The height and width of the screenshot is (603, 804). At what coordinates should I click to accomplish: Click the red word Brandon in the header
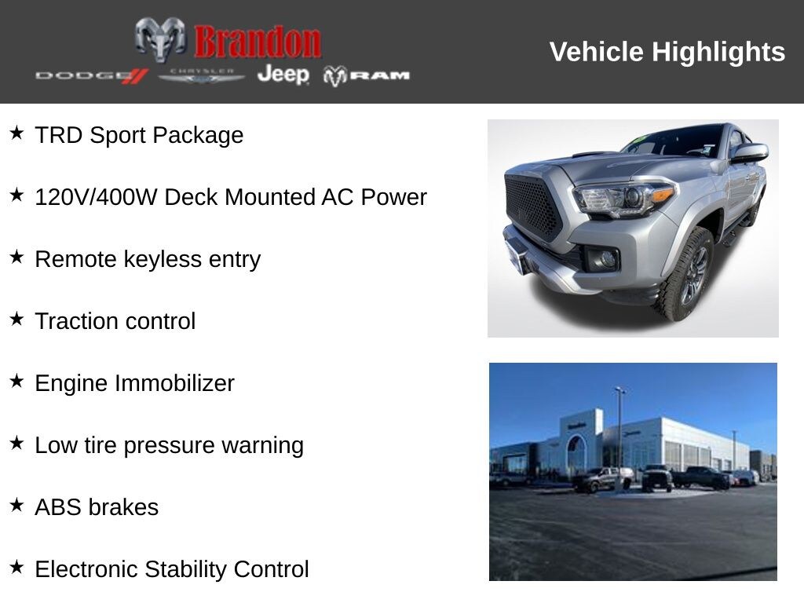coord(258,42)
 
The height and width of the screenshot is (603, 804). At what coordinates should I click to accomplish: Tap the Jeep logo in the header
coord(283,75)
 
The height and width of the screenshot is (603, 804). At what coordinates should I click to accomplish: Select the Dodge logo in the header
coord(91,75)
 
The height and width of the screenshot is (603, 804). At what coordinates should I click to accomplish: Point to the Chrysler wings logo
coord(202,75)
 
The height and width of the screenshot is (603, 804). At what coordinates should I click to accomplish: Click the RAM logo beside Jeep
coord(367,75)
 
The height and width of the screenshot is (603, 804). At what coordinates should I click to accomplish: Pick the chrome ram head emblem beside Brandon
coord(160,39)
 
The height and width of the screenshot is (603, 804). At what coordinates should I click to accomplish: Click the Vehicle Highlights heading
coord(667,52)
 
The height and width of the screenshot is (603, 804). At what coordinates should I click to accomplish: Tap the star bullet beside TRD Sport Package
coord(17,133)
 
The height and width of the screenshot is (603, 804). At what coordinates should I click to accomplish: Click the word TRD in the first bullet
coord(59,135)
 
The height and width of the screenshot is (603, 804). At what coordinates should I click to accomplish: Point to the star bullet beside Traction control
coord(17,320)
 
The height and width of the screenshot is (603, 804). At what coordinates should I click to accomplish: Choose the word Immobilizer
coord(174,383)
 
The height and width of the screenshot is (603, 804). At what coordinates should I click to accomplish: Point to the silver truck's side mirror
coord(748,152)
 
